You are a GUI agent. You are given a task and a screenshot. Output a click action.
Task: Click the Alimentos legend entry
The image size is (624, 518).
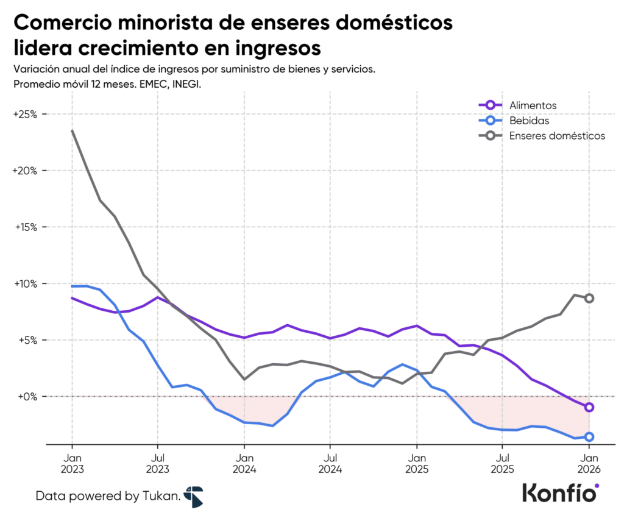(x=533, y=105)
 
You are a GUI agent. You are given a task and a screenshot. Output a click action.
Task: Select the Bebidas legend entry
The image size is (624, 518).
(x=529, y=121)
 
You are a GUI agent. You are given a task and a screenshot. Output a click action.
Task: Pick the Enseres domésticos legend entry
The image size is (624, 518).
(x=556, y=135)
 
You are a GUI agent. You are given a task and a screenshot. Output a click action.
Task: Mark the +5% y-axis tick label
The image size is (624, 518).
(x=27, y=340)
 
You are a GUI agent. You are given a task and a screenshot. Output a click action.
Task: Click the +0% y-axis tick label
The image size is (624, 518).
(x=27, y=397)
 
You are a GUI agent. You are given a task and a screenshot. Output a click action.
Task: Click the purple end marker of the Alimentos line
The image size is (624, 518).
(x=589, y=407)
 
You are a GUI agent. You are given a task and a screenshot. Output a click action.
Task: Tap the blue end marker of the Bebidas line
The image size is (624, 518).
(x=589, y=436)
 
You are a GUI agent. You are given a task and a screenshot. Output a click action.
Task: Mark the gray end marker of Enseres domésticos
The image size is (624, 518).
(x=589, y=298)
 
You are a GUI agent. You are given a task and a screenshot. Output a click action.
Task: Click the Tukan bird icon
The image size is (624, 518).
(x=194, y=497)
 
